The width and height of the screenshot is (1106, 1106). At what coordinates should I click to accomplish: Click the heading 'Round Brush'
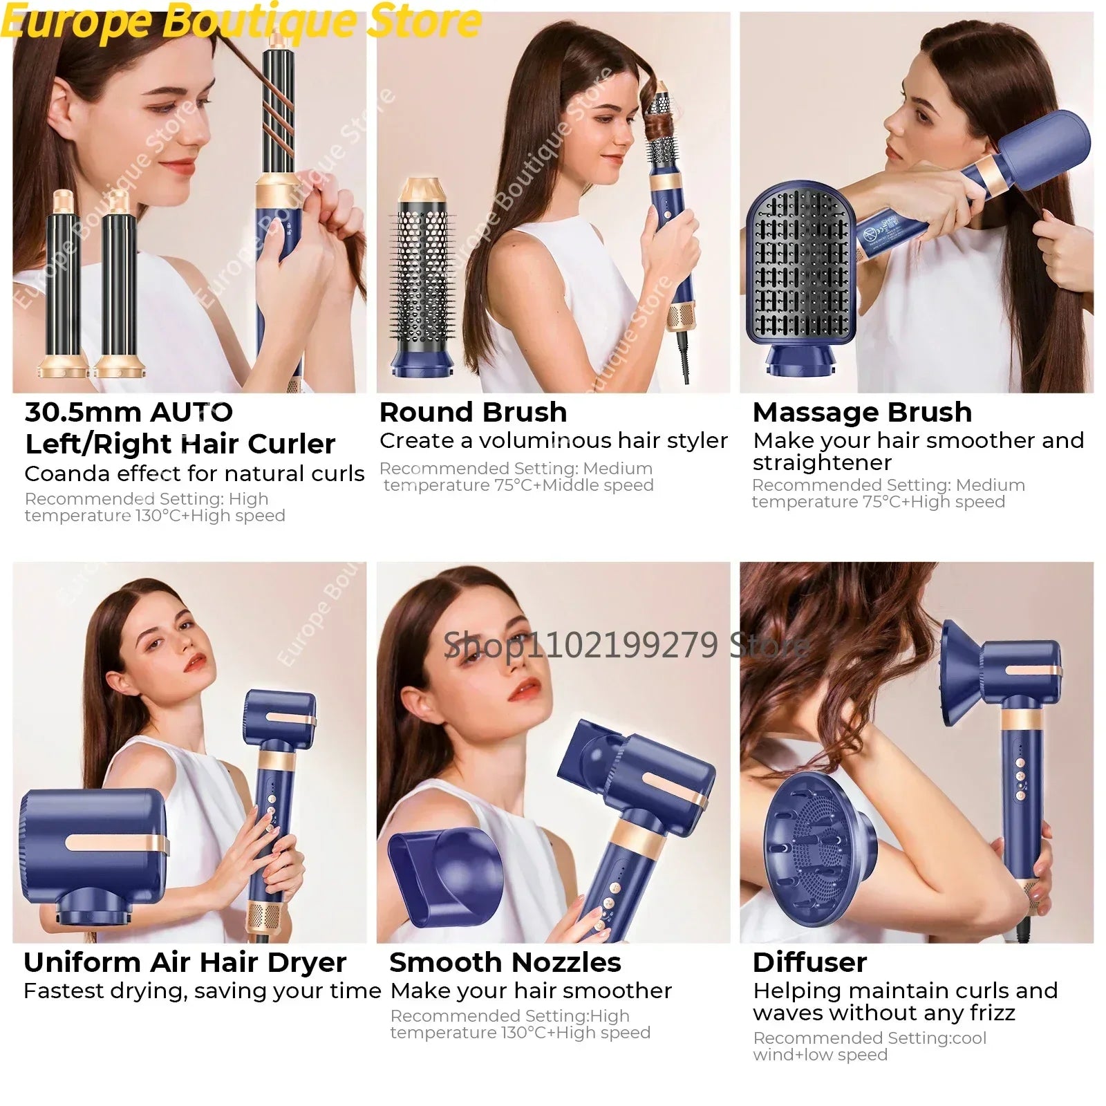(x=473, y=413)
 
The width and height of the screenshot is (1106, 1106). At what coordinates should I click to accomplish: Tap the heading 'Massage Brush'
(x=862, y=413)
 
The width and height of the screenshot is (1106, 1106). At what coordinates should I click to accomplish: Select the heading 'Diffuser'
(x=809, y=962)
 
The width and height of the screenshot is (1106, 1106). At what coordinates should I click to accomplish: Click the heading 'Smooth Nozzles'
(x=505, y=962)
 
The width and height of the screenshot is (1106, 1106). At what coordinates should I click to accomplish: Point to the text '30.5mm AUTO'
(x=129, y=413)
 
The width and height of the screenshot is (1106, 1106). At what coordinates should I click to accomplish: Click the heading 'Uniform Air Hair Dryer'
(x=185, y=962)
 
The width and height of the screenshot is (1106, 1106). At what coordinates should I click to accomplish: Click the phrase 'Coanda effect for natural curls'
(x=194, y=474)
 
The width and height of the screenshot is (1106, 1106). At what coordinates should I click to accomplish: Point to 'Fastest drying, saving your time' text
(x=202, y=991)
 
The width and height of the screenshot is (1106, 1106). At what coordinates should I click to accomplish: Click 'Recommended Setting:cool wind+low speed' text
(x=869, y=1046)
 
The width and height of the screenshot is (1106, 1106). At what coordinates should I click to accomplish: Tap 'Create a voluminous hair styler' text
(x=553, y=441)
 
